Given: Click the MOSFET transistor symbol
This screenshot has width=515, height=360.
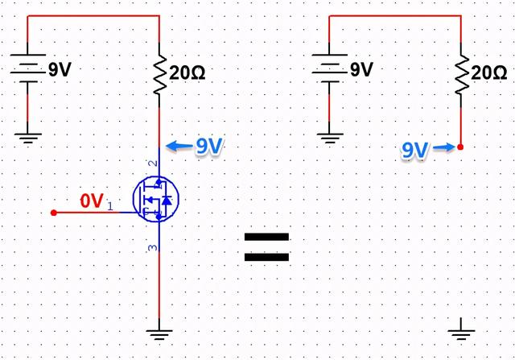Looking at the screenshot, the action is (156, 199).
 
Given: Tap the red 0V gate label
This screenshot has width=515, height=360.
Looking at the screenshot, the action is (92, 201).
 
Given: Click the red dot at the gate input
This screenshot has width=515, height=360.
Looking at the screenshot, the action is (54, 213).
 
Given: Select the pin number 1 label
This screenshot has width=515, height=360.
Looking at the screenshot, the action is (110, 206).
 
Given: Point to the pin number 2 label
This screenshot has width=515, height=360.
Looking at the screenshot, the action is (153, 163).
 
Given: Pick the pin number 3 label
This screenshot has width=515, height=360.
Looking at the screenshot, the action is (153, 247).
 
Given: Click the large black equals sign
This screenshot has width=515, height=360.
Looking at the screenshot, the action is (266, 247).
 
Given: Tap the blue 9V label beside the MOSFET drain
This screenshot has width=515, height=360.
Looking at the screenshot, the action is (209, 146).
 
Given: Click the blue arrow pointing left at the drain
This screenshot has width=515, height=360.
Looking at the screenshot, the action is (179, 146).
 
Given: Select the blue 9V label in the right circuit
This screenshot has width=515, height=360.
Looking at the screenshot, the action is (415, 150).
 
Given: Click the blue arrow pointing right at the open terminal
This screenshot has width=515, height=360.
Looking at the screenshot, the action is (444, 147).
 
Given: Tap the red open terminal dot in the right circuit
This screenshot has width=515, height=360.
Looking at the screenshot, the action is (460, 147).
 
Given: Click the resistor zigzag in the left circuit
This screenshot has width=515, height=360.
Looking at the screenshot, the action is (159, 75).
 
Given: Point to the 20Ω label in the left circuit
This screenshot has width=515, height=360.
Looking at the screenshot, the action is (187, 72).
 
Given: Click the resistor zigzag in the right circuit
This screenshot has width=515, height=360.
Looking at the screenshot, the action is (461, 75).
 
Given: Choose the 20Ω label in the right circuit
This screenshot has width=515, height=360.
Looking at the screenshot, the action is (488, 72).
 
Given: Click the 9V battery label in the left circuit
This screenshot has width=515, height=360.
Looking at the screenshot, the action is (60, 69).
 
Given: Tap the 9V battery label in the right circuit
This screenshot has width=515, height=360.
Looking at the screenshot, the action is (361, 69).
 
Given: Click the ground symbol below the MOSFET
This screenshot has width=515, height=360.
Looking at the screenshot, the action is (159, 333).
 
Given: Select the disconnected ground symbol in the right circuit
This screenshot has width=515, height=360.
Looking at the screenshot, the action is (461, 329).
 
